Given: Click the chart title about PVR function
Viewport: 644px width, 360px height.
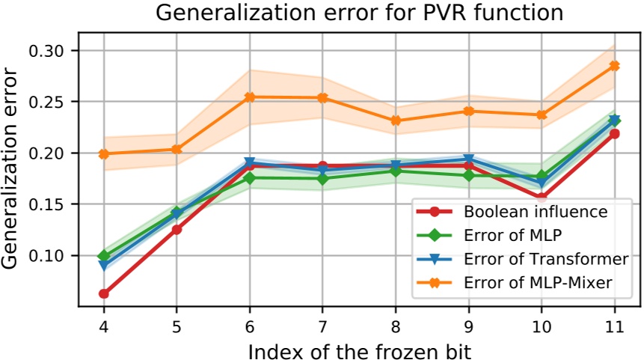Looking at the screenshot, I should pos(358,13).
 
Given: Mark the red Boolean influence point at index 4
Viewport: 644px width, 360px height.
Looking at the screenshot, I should pos(103,293).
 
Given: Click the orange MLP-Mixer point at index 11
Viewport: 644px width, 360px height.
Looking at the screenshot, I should pos(614,66).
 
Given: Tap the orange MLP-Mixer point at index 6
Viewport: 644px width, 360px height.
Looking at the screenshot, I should pos(249,97).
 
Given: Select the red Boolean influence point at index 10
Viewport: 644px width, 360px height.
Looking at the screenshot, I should pos(541,198).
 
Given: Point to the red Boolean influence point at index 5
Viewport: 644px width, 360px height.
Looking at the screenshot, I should pos(177,229).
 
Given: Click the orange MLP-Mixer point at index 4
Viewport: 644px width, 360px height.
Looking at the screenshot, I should pos(103,153).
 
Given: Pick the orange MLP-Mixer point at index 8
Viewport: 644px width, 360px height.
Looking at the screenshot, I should pos(395,120).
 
